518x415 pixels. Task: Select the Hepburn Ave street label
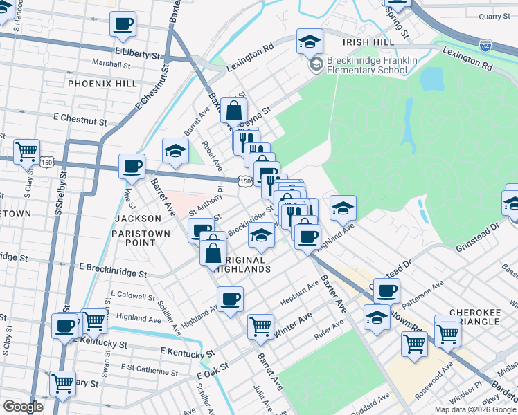point(299,294)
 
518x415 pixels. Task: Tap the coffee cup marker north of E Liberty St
point(123,24)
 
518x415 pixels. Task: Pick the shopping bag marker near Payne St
point(234,110)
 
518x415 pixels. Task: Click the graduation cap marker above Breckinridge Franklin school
point(310,41)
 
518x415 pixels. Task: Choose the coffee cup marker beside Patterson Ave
point(387,290)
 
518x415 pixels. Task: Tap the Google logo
point(23,407)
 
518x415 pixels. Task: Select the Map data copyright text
point(475,409)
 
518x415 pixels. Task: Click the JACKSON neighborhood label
point(137,219)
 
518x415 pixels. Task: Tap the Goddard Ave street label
point(370,405)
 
